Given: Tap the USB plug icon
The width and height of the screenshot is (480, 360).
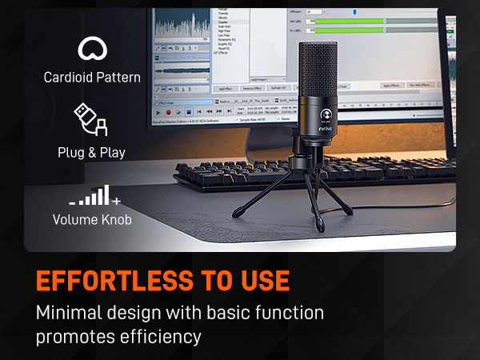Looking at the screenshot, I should (x=90, y=118).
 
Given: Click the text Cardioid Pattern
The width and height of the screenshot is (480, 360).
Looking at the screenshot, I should (x=92, y=78).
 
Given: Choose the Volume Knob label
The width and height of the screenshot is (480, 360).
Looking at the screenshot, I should (x=91, y=218).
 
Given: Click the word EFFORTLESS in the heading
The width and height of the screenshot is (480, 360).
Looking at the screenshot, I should (x=112, y=282).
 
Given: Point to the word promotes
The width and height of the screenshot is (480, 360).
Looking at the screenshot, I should (x=69, y=336).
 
